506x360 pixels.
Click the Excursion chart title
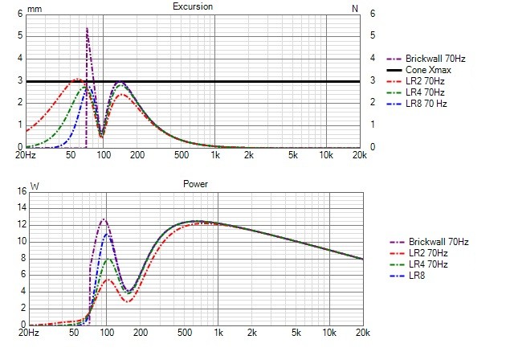(193, 7)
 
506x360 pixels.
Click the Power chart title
(195, 184)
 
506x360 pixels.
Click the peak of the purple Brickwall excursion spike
(87, 29)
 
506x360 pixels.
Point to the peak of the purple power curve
(103, 219)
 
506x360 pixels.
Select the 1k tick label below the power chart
(215, 332)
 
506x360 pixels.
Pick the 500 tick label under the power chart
(182, 332)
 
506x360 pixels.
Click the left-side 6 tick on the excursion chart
(20, 14)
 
